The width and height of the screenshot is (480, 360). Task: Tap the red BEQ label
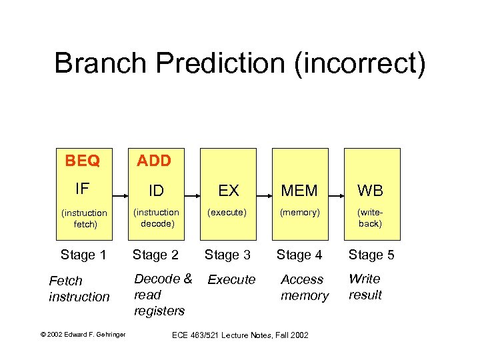coord(83,161)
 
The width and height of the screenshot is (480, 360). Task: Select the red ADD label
coord(154,161)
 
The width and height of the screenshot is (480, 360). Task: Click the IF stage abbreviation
coord(82,189)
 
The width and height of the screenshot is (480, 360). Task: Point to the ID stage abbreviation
coord(156,191)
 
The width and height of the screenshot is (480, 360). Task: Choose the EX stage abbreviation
coord(228,191)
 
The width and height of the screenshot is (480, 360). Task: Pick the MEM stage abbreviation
coord(299,191)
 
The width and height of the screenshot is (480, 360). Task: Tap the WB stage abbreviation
coord(370,191)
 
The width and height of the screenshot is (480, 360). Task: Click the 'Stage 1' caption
coord(83,255)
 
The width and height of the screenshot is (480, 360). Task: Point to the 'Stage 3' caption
coord(227,255)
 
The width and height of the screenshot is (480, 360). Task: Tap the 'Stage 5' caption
coord(371,255)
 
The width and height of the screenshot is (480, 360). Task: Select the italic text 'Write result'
coord(365,287)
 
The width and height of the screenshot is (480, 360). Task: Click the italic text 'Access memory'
coord(305,287)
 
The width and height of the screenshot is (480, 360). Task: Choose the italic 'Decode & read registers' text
coord(163,295)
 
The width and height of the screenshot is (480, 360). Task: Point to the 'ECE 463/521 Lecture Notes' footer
coord(241,335)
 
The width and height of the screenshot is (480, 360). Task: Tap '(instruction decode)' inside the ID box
coord(156,218)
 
